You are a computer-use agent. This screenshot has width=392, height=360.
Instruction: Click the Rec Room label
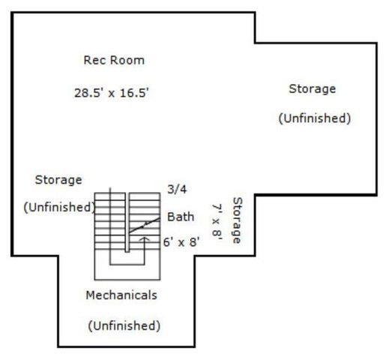114,60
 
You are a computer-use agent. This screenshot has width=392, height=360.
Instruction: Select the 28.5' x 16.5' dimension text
112,93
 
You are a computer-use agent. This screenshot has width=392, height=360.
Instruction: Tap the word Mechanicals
121,295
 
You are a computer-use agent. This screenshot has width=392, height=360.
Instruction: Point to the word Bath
181,217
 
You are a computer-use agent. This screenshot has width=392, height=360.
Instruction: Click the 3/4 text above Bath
177,190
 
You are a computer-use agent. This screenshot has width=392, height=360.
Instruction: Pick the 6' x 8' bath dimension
181,242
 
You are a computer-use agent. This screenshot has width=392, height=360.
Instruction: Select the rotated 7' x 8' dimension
217,222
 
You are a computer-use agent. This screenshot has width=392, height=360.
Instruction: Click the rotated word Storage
238,220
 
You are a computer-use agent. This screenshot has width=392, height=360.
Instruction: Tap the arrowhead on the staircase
144,239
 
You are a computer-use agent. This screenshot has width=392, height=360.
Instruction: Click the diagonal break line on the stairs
144,226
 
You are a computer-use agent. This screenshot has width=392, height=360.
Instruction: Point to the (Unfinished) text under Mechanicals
124,325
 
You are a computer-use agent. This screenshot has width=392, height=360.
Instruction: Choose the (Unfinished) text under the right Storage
315,118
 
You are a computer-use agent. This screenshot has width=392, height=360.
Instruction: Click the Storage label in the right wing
313,89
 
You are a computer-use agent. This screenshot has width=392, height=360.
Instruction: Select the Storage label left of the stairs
58,180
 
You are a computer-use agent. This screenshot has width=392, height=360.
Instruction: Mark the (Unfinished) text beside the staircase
59,208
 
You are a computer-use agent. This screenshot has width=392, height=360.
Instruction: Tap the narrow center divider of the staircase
127,222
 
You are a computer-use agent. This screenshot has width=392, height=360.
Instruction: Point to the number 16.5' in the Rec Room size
134,93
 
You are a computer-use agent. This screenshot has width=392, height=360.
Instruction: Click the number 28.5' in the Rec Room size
89,93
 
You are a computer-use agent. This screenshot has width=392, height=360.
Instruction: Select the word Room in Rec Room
127,60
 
